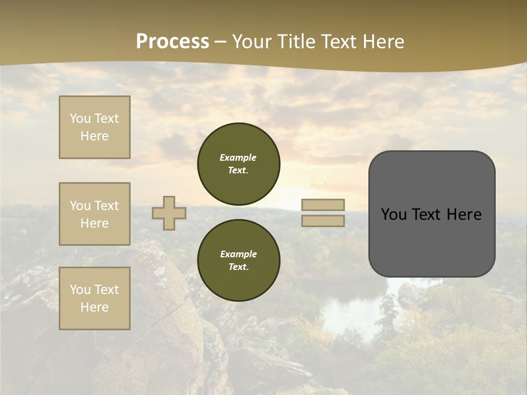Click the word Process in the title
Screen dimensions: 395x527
(172, 42)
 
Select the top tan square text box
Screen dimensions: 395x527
(94, 127)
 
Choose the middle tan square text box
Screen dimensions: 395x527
(94, 214)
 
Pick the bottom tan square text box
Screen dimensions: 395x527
(94, 298)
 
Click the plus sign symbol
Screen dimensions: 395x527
(169, 213)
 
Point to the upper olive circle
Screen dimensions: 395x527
(239, 164)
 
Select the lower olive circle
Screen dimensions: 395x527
(239, 261)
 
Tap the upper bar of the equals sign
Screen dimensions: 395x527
(323, 205)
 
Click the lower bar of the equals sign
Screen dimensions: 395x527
(323, 221)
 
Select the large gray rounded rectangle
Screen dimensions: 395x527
(431, 214)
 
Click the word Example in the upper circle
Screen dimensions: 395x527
(238, 157)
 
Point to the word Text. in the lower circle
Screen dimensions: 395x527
(239, 267)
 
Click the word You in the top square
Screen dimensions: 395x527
(80, 119)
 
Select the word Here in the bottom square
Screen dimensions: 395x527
(94, 307)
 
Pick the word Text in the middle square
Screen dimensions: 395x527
(106, 206)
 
